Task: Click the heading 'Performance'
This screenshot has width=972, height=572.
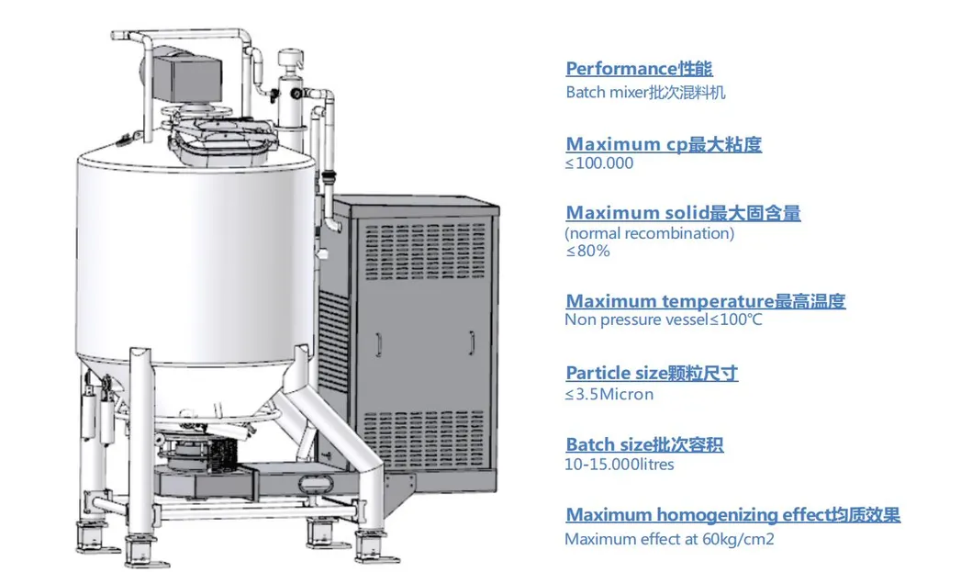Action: [x=638, y=69]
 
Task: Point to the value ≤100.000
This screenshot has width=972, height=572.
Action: [x=598, y=163]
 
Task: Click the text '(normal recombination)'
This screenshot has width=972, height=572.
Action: [x=649, y=233]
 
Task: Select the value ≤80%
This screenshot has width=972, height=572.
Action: [x=587, y=251]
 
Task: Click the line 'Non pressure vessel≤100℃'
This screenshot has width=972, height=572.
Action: [x=663, y=320]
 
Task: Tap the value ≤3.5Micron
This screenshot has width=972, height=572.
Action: [x=609, y=394]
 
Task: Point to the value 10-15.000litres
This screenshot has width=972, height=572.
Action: [x=619, y=465]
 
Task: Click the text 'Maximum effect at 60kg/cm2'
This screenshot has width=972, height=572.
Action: [x=669, y=539]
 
